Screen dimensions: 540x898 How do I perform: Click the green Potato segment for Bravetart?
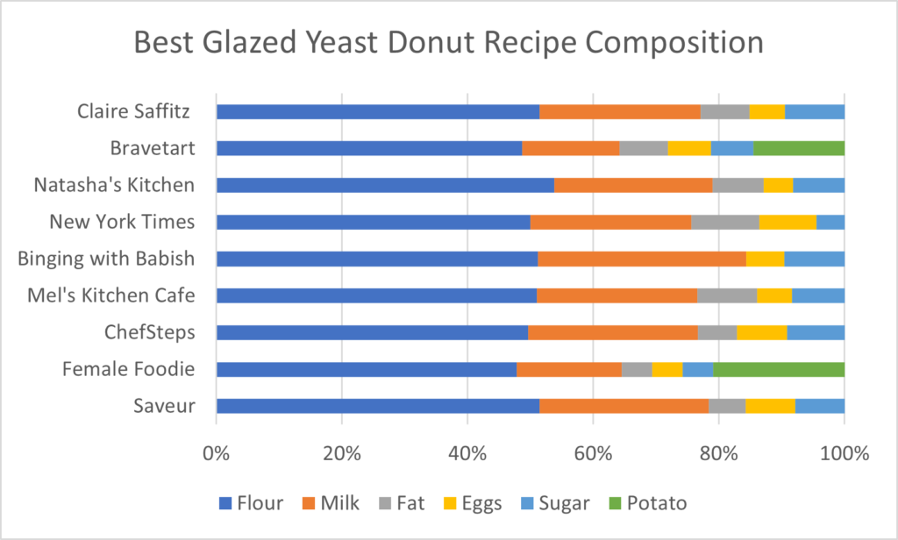click(799, 148)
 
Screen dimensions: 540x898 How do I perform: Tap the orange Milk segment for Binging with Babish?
click(641, 259)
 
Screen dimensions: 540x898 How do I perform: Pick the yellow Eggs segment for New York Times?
click(788, 222)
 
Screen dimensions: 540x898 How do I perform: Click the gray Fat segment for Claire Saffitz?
click(724, 111)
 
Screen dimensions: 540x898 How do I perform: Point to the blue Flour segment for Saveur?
click(377, 406)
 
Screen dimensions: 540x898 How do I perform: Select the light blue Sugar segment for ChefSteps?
click(816, 332)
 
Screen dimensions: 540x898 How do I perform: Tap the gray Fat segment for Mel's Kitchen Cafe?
click(727, 295)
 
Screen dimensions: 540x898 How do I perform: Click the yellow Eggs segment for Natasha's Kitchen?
click(778, 185)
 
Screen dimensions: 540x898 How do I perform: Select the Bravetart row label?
click(152, 148)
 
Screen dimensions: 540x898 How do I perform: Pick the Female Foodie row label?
click(128, 369)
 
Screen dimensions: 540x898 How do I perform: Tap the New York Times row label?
click(122, 222)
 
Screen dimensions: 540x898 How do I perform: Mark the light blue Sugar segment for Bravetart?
click(731, 148)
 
